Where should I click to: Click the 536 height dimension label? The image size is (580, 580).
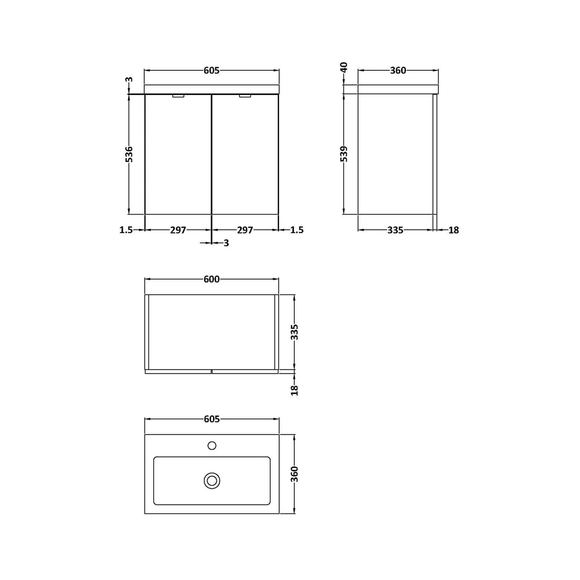(129, 154)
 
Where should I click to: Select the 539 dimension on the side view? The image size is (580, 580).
(344, 154)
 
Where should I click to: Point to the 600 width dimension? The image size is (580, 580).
(212, 279)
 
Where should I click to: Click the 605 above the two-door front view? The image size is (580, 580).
(212, 70)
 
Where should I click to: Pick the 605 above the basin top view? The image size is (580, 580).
(212, 419)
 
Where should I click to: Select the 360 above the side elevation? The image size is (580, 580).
(398, 70)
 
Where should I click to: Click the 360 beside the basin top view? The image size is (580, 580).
(295, 474)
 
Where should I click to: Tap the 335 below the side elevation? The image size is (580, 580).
(395, 230)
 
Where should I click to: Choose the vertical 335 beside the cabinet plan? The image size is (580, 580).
(295, 332)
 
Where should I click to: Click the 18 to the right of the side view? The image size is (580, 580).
(454, 230)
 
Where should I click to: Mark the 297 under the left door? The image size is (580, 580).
(178, 230)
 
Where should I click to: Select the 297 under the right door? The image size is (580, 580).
(245, 230)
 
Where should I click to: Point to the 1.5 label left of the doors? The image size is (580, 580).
(126, 230)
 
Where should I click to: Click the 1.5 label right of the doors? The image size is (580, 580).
(297, 230)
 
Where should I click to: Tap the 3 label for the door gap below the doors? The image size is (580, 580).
(226, 243)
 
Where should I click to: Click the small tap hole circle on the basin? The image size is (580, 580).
(212, 446)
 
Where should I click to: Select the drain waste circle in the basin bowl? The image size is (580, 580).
(212, 481)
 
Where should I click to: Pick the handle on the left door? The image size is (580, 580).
(178, 96)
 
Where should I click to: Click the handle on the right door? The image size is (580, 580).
(245, 96)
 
